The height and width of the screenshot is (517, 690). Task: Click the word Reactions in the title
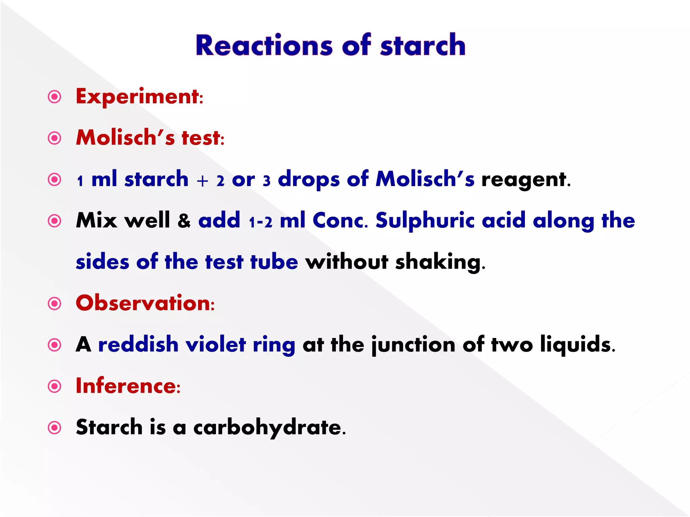264,45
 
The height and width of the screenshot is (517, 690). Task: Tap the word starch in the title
423,45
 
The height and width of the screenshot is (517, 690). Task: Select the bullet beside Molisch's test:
55,138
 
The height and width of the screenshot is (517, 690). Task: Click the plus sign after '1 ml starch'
202,181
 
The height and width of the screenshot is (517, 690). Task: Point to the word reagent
526,180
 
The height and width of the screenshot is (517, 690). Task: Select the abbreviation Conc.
341,221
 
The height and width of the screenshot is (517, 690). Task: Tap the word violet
216,345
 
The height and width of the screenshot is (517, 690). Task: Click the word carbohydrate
270,428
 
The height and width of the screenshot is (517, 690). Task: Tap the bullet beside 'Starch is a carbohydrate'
55,428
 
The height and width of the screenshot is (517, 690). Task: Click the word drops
309,180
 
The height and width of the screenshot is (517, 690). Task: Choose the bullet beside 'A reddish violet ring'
55,345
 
